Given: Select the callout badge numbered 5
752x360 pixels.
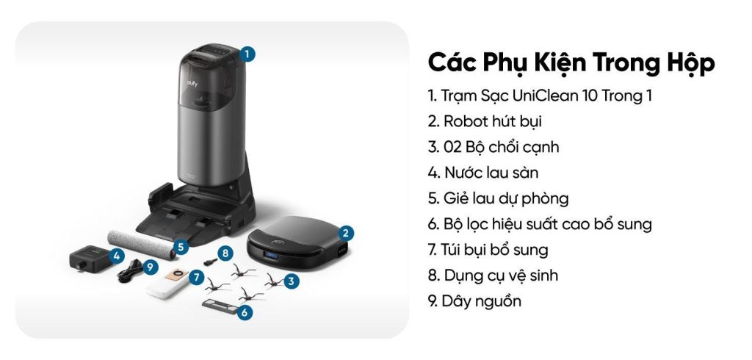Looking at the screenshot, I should coord(181,248).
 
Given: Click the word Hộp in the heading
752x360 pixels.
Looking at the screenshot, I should coord(686,62).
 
